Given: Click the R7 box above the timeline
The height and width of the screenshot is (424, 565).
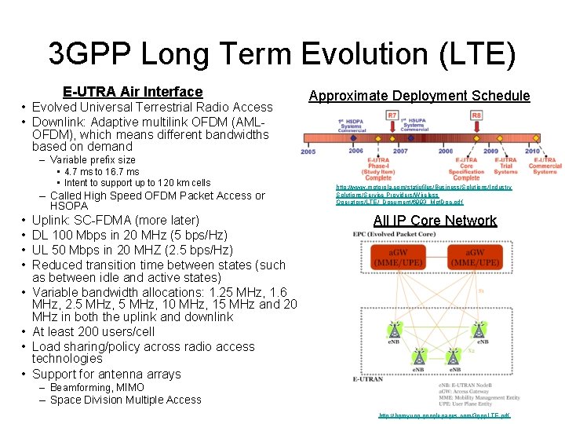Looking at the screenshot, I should tap(392, 115).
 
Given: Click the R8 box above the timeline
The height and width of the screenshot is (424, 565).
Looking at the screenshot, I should tap(476, 115).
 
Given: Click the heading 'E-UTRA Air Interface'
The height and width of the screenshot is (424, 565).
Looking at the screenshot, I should tap(133, 92).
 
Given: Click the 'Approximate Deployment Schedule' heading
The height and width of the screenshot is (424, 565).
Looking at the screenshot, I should tap(419, 96).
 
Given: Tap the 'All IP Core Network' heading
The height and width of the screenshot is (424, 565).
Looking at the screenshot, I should tap(435, 221).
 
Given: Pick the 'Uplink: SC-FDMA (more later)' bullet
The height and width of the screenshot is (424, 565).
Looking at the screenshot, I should tap(115, 221).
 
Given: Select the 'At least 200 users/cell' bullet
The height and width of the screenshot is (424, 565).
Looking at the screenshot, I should tap(93, 331).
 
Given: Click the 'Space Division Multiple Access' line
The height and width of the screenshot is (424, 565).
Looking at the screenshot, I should tap(126, 400).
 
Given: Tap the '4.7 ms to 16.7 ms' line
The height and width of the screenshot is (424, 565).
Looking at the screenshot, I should tap(102, 171).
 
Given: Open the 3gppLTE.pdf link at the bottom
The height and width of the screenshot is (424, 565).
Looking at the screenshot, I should tap(443, 415).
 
